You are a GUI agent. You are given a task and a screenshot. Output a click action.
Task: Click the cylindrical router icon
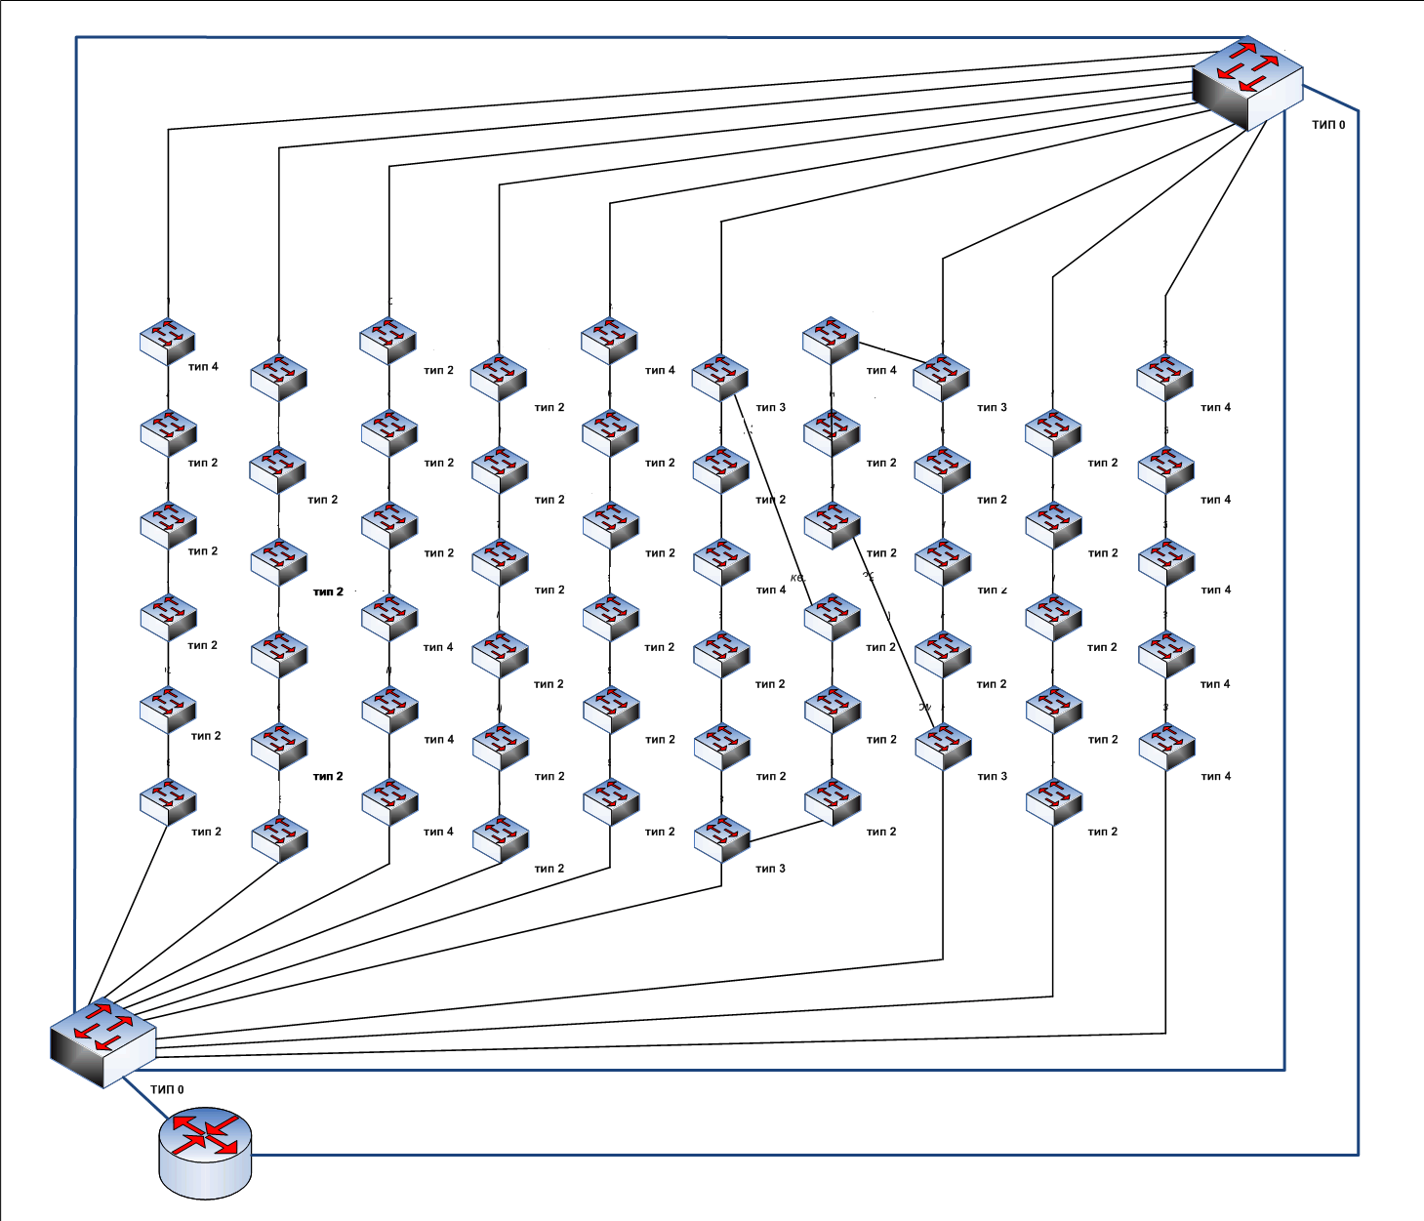[205, 1153]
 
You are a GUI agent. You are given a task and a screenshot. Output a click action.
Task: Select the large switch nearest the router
[102, 1042]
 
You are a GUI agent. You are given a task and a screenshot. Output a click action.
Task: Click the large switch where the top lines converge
[1248, 83]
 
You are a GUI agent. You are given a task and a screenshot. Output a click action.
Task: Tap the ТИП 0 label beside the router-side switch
[167, 1089]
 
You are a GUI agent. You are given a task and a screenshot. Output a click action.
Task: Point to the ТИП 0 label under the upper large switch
[1328, 125]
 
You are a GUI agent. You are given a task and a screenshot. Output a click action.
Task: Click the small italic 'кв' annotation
[797, 578]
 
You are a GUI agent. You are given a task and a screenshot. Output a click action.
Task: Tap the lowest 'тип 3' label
[770, 868]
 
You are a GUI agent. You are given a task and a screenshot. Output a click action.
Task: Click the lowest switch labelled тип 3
[721, 836]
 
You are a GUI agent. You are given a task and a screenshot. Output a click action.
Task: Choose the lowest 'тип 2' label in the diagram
[549, 868]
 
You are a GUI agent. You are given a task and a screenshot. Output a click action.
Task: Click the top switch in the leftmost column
[168, 341]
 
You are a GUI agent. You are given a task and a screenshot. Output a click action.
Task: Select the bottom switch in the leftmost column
[168, 802]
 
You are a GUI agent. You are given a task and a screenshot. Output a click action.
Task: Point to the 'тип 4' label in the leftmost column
[203, 367]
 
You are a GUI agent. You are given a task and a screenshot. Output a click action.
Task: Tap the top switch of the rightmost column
[1165, 378]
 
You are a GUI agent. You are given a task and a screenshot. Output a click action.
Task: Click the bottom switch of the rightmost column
[1166, 747]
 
